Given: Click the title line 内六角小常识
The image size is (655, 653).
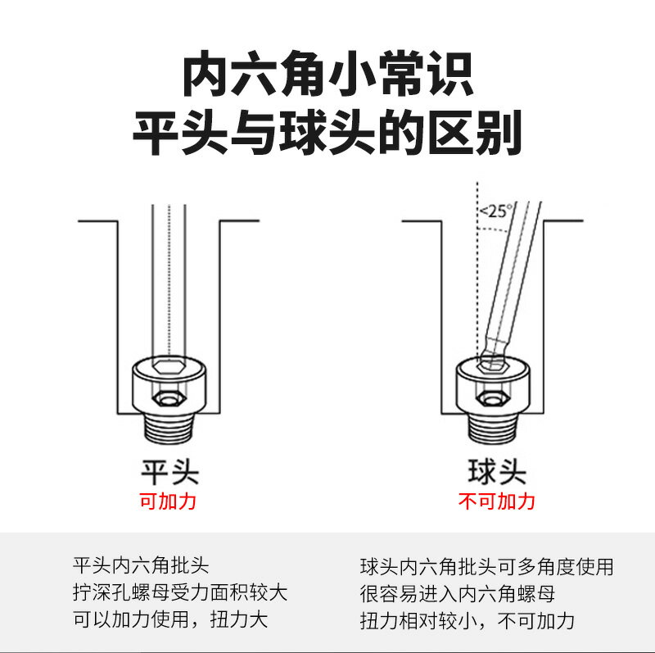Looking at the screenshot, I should point(327,76).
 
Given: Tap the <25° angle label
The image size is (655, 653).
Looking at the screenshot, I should point(494,211).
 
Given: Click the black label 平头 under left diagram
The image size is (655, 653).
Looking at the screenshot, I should point(169,471).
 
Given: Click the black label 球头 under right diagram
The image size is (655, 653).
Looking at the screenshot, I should point(496,471).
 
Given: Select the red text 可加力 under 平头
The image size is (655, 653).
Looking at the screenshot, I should point(169,501).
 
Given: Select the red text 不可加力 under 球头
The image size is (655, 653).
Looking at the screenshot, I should point(496,501).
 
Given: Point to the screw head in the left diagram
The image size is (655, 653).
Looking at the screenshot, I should point(169,385).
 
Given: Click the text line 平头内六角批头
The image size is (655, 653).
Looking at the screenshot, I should point(142,566).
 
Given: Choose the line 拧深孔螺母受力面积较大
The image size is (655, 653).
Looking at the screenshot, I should point(180,592).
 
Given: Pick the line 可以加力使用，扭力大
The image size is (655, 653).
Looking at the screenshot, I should point(170,619).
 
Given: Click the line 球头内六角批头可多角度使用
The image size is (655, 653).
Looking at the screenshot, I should point(486,566).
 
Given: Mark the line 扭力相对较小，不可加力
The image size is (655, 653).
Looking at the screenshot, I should point(468,619).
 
